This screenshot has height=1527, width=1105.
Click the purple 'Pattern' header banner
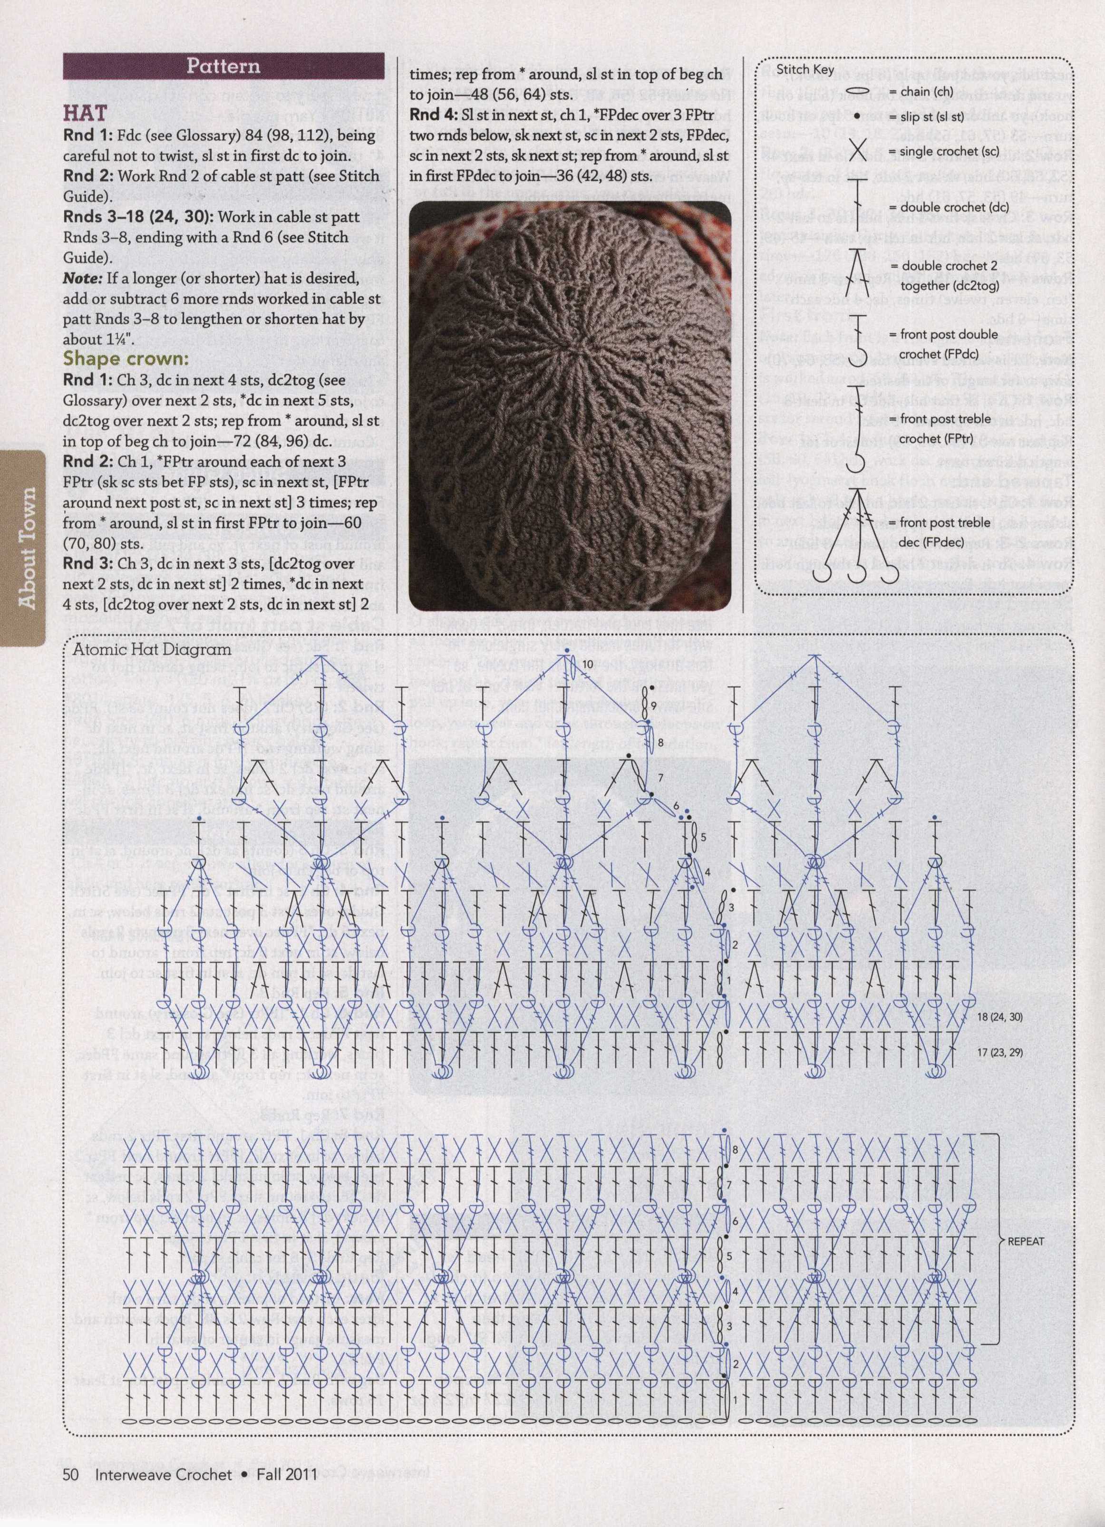(223, 66)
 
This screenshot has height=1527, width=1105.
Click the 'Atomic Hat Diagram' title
(152, 650)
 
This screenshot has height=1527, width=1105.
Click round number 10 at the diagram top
(588, 664)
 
